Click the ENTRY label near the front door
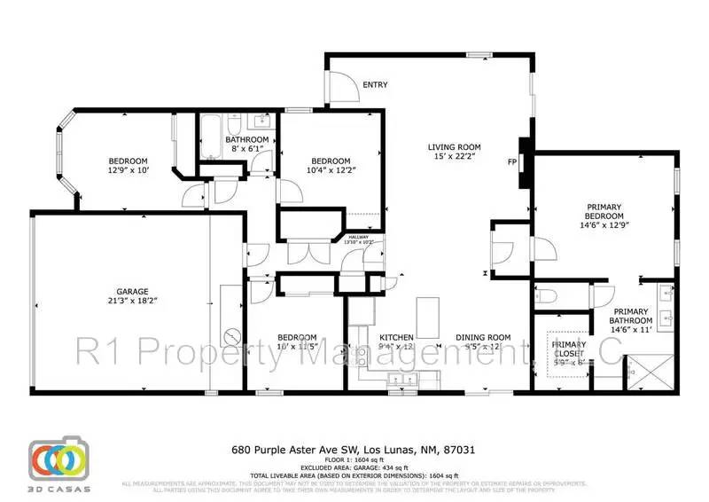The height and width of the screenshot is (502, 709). pyautogui.click(x=375, y=85)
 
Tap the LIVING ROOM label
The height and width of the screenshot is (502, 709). pyautogui.click(x=454, y=147)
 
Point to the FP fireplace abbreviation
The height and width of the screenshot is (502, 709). pyautogui.click(x=511, y=162)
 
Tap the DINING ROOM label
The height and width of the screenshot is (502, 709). pyautogui.click(x=484, y=338)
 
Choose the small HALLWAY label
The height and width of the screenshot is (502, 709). pyautogui.click(x=358, y=237)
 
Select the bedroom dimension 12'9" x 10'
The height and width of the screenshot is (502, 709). pyautogui.click(x=131, y=169)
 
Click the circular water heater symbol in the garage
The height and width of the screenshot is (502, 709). pyautogui.click(x=233, y=338)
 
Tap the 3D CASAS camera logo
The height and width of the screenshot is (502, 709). pyautogui.click(x=59, y=459)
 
